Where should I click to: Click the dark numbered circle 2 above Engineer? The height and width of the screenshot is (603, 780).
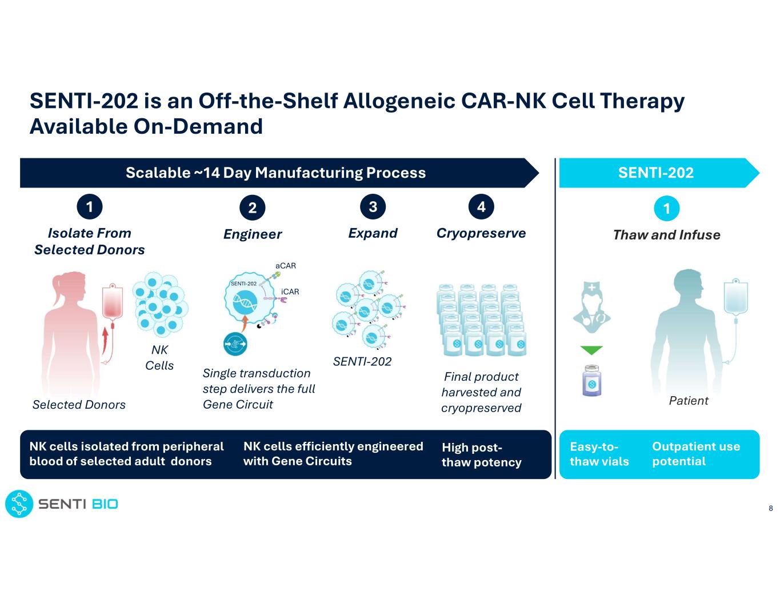tap(252, 207)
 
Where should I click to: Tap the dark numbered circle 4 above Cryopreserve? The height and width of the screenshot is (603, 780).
tap(481, 206)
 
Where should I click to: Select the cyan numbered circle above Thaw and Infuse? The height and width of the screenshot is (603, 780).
tap(666, 208)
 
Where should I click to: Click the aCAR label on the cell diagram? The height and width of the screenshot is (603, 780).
tap(285, 266)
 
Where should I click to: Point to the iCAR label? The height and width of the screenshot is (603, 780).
tap(290, 291)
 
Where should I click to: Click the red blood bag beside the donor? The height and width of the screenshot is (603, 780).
tap(113, 302)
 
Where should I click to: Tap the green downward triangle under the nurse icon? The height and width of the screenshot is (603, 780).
tap(591, 350)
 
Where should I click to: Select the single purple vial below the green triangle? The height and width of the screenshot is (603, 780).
tap(591, 380)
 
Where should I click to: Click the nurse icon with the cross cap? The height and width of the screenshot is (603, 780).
tap(591, 308)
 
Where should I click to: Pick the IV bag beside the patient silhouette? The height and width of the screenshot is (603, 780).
tap(735, 297)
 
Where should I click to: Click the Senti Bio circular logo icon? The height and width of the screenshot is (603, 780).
tap(19, 504)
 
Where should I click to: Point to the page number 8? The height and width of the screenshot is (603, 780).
tap(770, 508)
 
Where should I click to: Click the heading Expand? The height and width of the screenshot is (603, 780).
tap(373, 233)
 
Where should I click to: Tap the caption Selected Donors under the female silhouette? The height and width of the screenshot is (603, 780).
tap(79, 405)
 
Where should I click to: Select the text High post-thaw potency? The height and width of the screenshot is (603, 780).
tap(481, 454)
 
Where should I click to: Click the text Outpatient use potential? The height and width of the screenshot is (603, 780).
tap(695, 454)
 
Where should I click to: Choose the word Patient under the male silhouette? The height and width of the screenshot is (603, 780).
tap(689, 401)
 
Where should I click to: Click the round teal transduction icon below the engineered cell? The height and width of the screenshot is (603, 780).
tap(235, 344)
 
